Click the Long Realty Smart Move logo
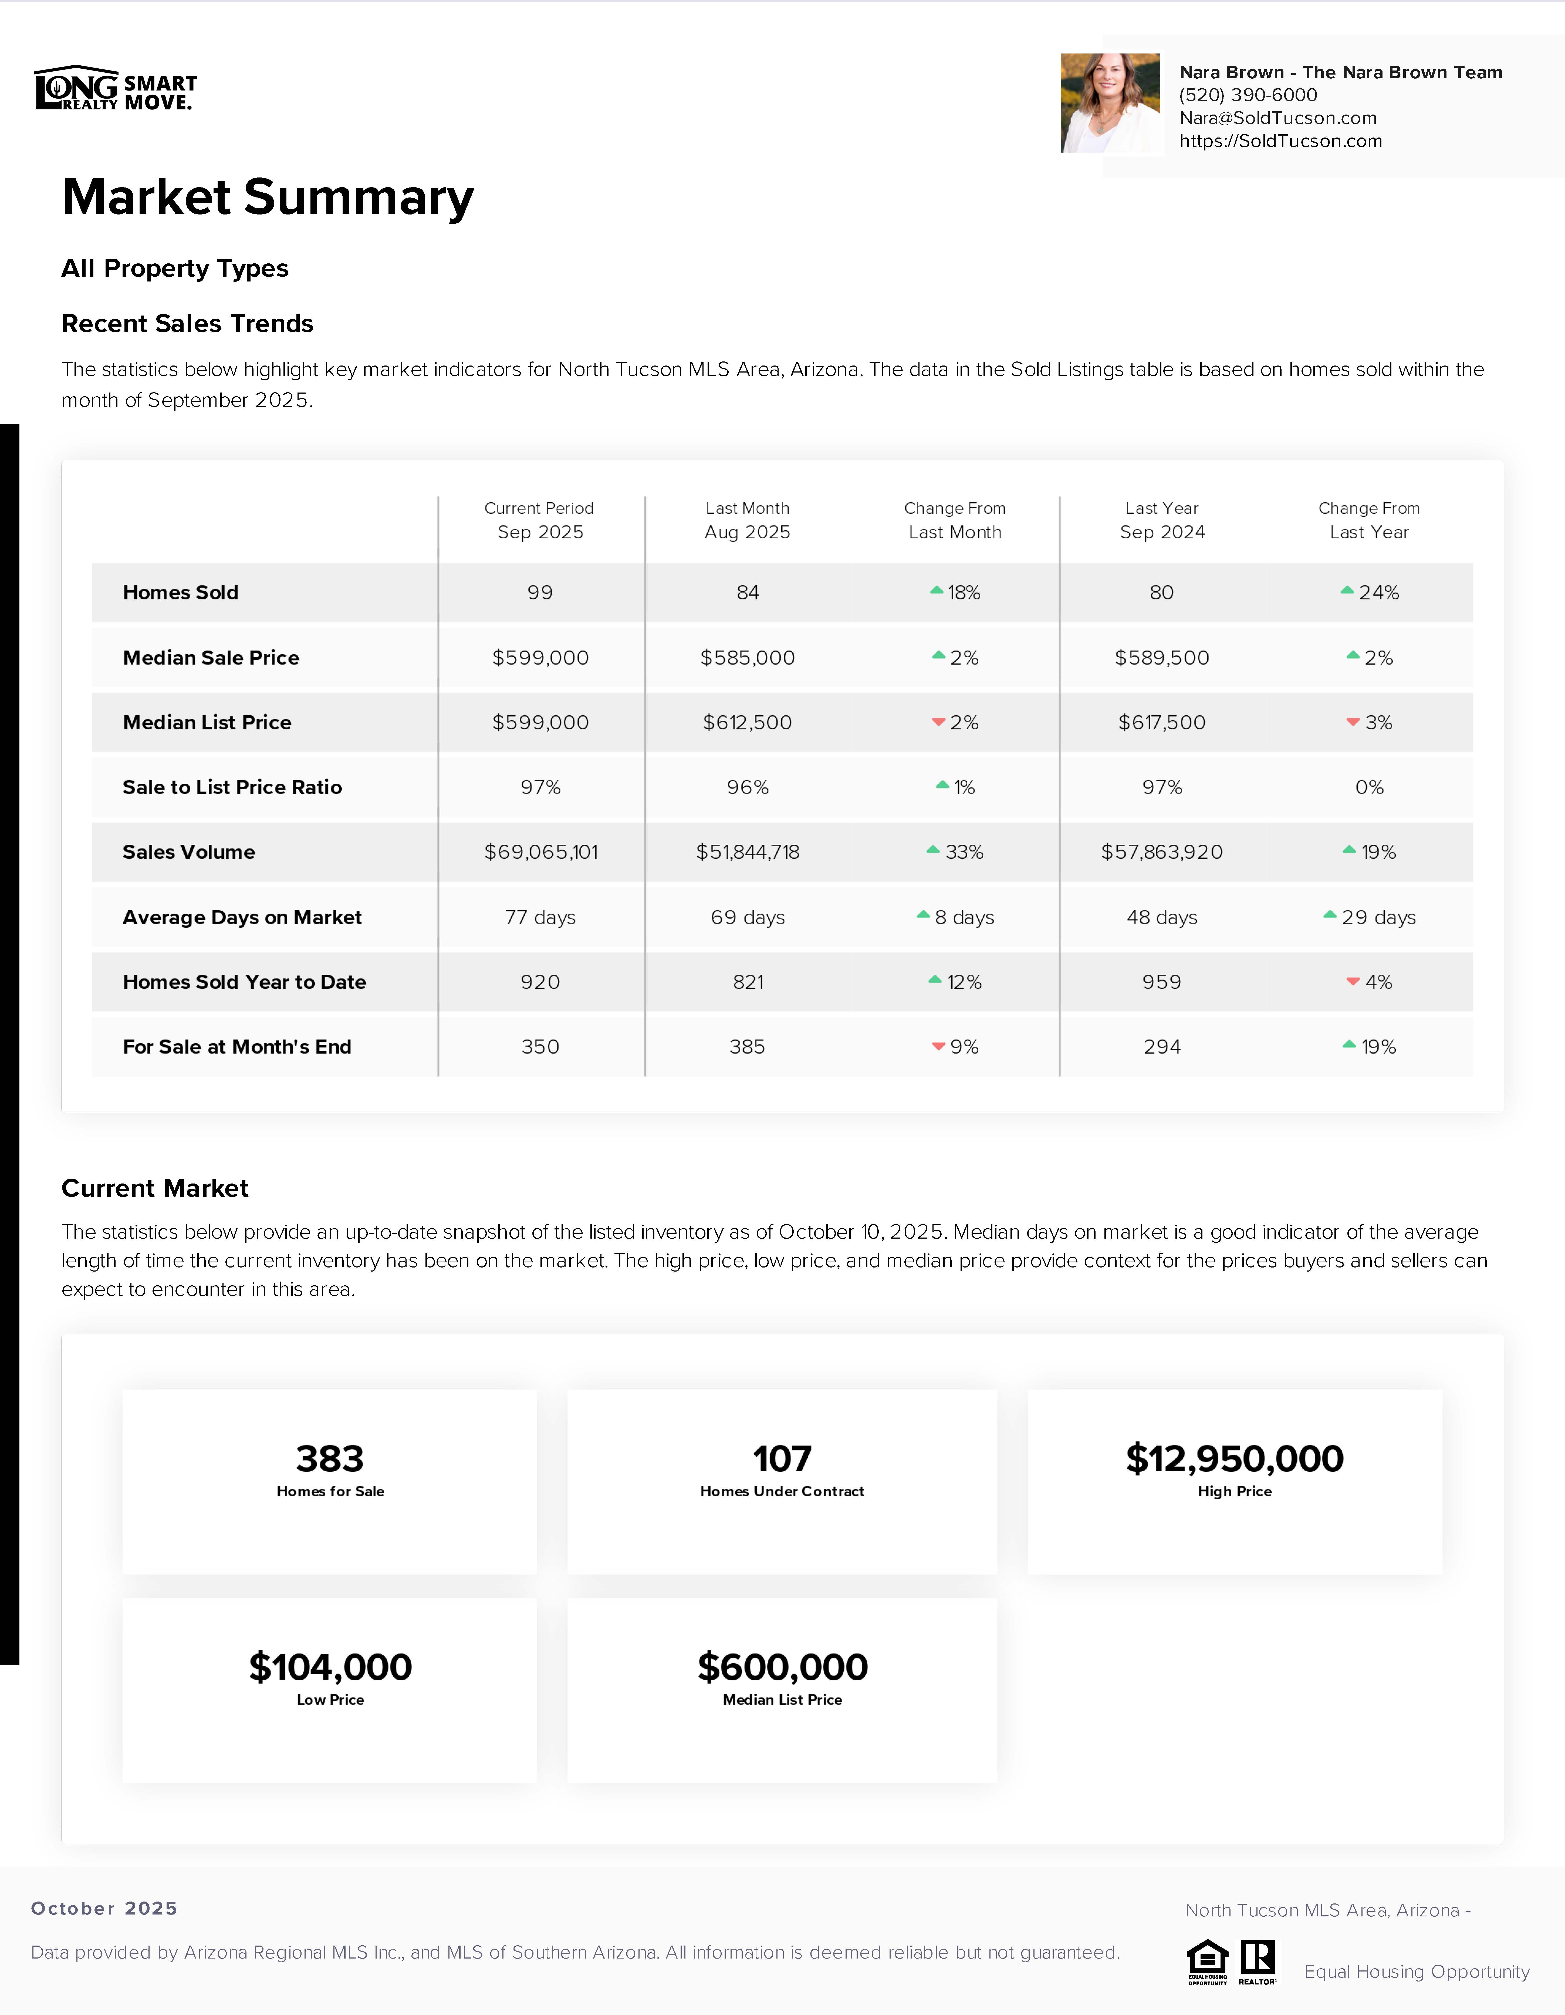[115, 89]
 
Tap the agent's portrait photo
[1110, 102]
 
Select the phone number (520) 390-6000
[1248, 95]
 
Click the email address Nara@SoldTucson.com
[1277, 118]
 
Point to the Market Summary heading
[268, 197]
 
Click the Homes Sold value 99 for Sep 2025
[540, 592]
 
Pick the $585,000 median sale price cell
[747, 658]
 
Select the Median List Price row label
[207, 722]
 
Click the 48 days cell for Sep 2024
[1161, 917]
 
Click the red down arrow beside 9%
[938, 1046]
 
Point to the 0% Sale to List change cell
[1368, 787]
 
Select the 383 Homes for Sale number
[330, 1459]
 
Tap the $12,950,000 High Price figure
[1234, 1459]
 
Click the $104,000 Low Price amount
[330, 1667]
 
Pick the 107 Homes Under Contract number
[782, 1459]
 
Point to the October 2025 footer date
[104, 1908]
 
